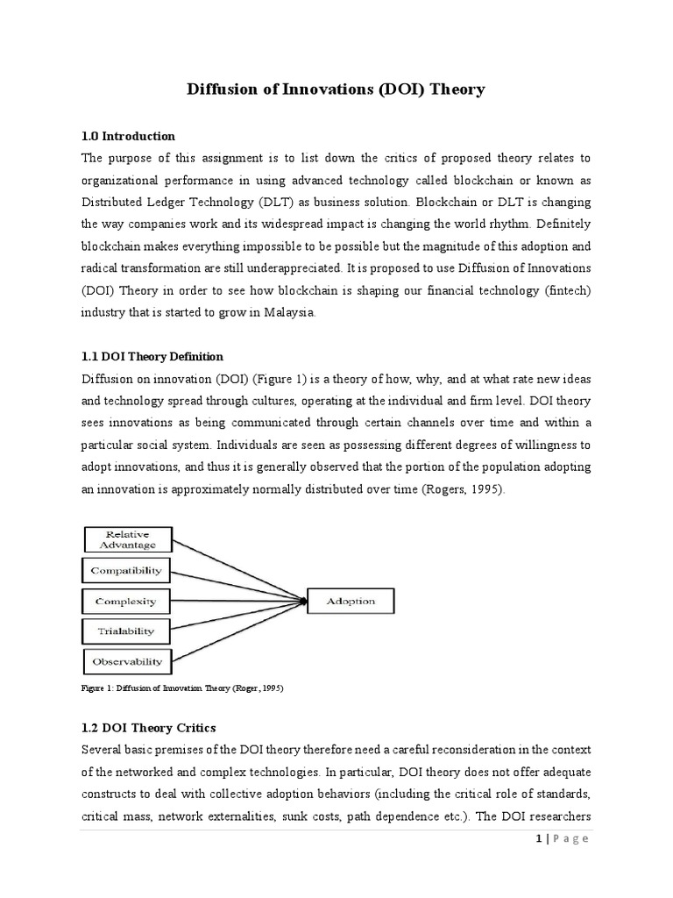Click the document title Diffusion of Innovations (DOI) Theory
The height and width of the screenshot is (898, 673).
(336, 89)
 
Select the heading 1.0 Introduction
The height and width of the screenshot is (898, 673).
(128, 136)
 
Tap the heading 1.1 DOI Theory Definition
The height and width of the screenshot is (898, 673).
(152, 357)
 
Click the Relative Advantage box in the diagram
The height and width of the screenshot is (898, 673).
(127, 539)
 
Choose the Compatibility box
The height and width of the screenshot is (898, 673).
(127, 571)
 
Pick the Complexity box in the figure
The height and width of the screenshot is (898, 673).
(127, 601)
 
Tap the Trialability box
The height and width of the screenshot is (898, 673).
(127, 631)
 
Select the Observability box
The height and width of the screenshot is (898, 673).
(127, 660)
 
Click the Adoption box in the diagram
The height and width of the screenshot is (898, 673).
(351, 601)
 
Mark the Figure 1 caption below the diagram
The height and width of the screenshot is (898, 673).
(182, 688)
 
